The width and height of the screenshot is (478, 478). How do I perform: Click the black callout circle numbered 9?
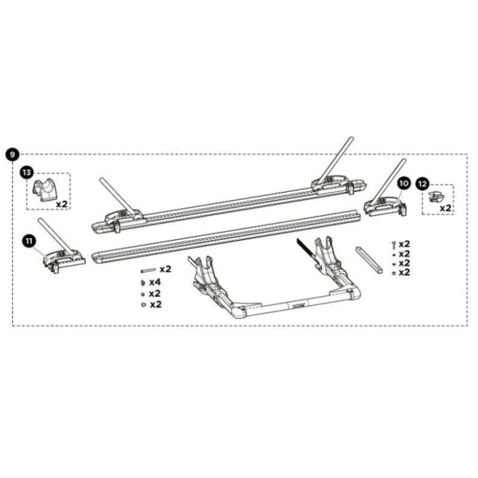pyautogui.click(x=13, y=155)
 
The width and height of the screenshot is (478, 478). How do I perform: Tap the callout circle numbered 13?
pyautogui.click(x=27, y=173)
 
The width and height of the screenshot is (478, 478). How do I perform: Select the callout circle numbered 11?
pyautogui.click(x=29, y=241)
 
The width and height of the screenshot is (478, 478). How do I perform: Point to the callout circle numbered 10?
pyautogui.click(x=404, y=183)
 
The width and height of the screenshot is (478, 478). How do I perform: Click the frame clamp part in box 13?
pyautogui.click(x=45, y=190)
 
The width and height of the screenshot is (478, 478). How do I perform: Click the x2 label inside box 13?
pyautogui.click(x=61, y=204)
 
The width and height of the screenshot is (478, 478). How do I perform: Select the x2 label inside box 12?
pyautogui.click(x=445, y=209)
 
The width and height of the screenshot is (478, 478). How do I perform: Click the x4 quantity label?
pyautogui.click(x=155, y=282)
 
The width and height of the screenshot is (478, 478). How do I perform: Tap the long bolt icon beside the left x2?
pyautogui.click(x=148, y=270)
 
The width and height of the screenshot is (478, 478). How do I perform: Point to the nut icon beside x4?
pyautogui.click(x=143, y=283)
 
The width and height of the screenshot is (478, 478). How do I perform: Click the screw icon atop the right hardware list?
pyautogui.click(x=394, y=245)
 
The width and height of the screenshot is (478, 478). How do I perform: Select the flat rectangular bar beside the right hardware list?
pyautogui.click(x=370, y=260)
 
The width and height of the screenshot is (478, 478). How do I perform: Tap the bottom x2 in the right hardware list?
pyautogui.click(x=404, y=272)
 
